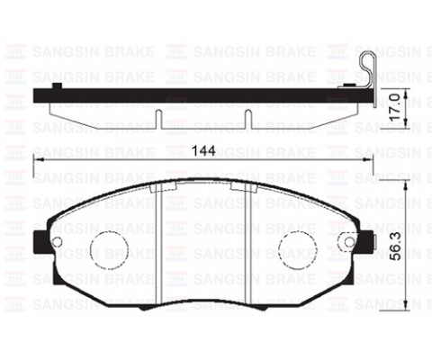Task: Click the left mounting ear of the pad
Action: [40, 242]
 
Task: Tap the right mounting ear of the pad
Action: [364, 242]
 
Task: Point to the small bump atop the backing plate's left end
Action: [58, 86]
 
